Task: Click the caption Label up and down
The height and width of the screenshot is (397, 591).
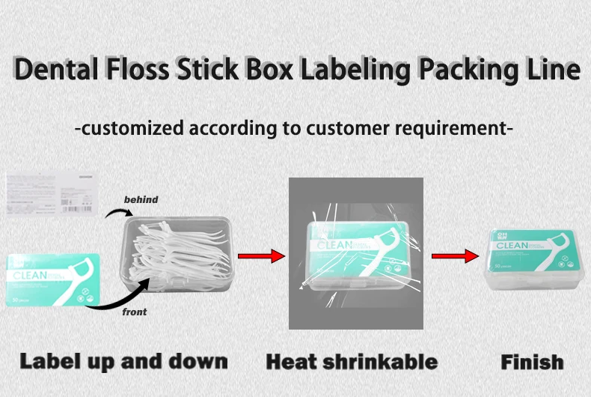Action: [123, 361]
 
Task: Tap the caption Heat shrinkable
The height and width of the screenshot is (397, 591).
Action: [352, 362]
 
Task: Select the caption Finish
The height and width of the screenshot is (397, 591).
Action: [532, 363]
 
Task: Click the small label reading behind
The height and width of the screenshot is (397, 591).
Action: [141, 200]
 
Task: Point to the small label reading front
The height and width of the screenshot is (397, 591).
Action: [135, 312]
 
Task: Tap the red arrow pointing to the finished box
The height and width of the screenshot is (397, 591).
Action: [455, 256]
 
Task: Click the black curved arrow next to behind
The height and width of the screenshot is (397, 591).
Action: [115, 214]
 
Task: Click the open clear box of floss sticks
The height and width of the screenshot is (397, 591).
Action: [178, 252]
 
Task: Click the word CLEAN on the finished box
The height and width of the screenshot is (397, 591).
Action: [513, 245]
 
